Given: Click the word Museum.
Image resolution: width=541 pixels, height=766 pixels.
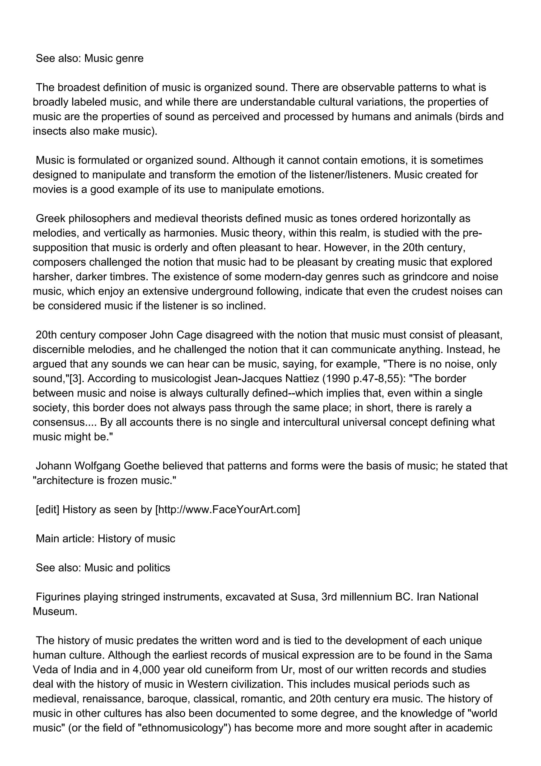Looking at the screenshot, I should click(55, 611).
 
